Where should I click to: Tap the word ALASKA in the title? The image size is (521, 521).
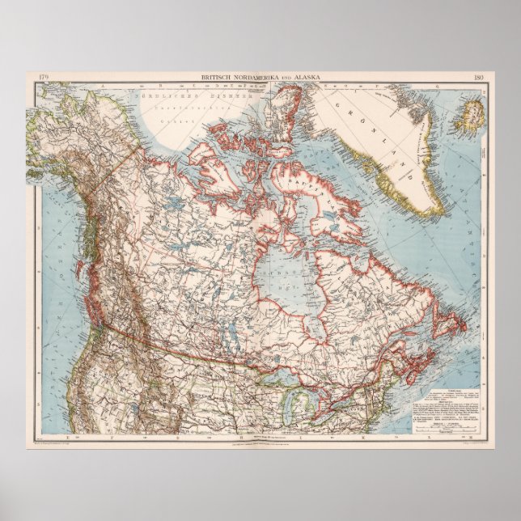306,77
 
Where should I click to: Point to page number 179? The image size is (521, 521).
44,77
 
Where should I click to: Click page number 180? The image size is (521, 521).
477,77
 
